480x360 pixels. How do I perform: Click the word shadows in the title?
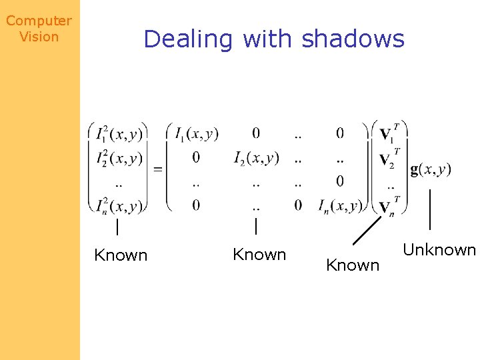coord(353,39)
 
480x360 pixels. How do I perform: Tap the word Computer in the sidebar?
coord(39,21)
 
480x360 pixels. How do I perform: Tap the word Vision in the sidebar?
coord(39,37)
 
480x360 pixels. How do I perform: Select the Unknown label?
coord(439,250)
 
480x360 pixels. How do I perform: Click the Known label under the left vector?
coord(121,255)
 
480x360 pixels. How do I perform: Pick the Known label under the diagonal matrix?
coord(259,255)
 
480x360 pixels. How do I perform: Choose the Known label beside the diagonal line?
coord(353,265)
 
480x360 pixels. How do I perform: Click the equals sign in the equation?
coord(158,169)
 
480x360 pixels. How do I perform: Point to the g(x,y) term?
coord(431,169)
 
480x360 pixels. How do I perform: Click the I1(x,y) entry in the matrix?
coord(197,135)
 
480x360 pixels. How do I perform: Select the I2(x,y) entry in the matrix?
coord(257,158)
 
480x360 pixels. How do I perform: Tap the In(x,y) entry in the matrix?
coord(339,205)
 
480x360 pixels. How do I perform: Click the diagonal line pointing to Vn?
coord(366,231)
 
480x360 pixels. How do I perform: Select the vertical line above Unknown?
coord(430,209)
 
